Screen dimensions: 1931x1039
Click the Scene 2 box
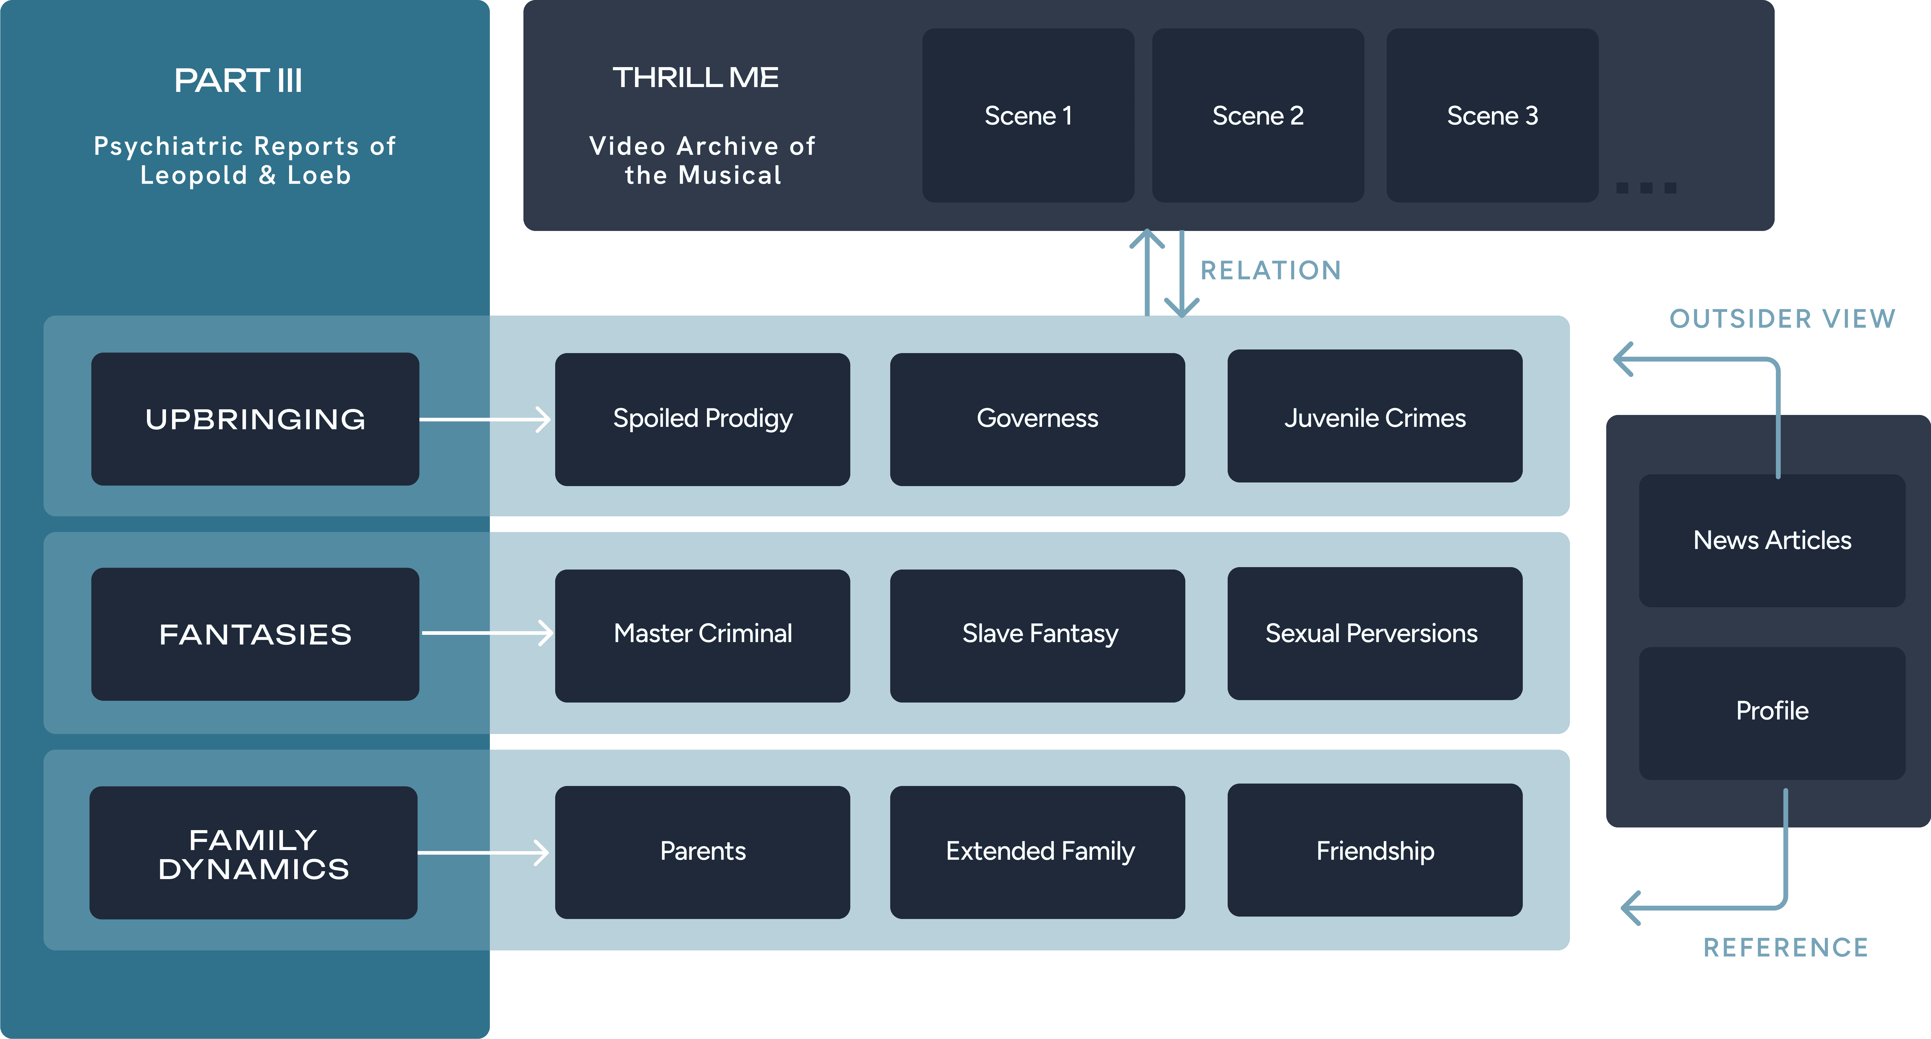click(x=1258, y=115)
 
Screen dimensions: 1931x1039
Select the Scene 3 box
click(x=1493, y=115)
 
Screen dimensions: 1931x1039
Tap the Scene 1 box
click(x=1028, y=115)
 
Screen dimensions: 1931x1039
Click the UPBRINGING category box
click(x=255, y=419)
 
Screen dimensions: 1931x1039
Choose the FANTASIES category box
click(x=255, y=634)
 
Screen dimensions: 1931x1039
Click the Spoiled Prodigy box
click(x=702, y=419)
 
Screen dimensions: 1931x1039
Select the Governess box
click(x=1037, y=419)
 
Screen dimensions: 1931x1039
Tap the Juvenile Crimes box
click(x=1375, y=416)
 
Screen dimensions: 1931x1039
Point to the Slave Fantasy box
click(x=1037, y=636)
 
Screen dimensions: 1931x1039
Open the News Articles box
click(x=1772, y=541)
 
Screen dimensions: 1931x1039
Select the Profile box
click(x=1772, y=713)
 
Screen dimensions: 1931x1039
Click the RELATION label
click(x=1271, y=271)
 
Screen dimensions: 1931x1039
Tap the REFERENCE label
click(x=1786, y=947)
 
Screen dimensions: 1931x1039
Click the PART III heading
click(x=238, y=80)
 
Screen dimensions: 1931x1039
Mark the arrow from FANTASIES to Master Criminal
click(x=487, y=633)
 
